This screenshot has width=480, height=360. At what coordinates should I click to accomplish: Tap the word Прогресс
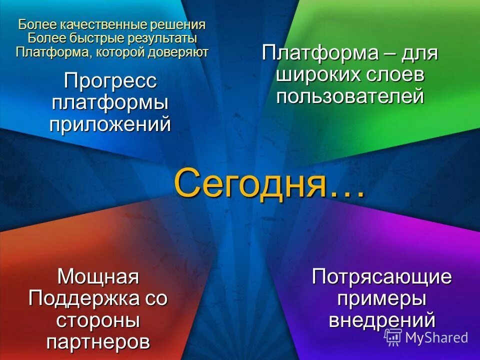click(x=110, y=81)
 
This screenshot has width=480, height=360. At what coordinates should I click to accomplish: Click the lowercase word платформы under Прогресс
click(x=110, y=102)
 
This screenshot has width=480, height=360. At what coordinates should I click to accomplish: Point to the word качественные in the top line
click(x=100, y=25)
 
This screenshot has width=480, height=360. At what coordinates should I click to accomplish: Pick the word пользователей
click(x=350, y=96)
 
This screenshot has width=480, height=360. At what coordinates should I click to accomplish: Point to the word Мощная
click(x=98, y=276)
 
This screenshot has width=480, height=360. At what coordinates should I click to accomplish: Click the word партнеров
click(x=98, y=342)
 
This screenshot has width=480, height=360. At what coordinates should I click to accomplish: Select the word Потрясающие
click(x=382, y=276)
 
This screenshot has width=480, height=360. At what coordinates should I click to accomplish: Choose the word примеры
click(x=382, y=298)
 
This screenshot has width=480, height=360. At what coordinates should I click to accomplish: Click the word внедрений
click(x=382, y=320)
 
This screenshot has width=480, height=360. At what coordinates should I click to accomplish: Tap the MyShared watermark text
click(x=436, y=337)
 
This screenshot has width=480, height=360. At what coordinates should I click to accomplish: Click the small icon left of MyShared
click(x=393, y=337)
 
